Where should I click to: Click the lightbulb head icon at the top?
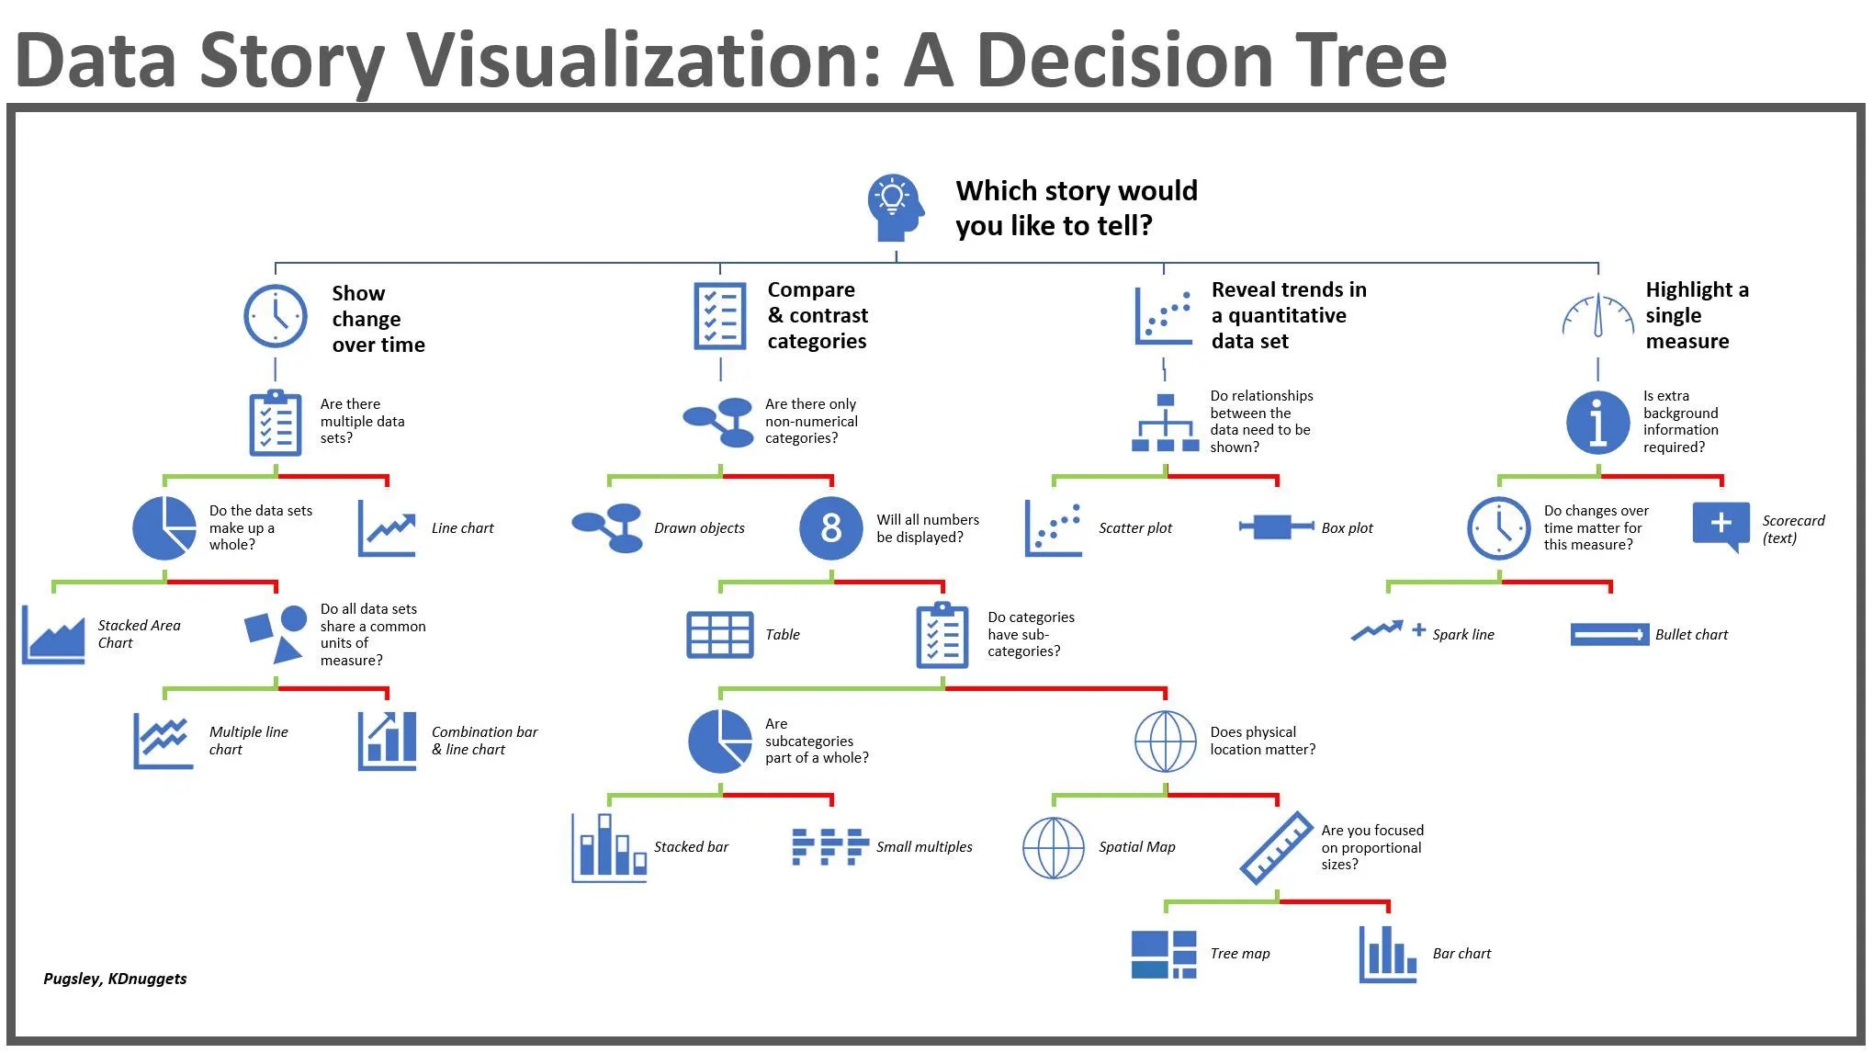point(894,208)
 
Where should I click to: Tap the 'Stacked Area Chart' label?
point(139,634)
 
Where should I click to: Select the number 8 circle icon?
point(830,528)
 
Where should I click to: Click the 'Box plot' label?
point(1347,528)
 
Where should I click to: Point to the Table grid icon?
point(719,635)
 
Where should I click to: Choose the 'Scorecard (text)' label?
point(1792,529)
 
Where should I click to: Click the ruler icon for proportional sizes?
point(1276,847)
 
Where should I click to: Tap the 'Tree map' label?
point(1239,954)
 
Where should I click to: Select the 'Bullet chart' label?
point(1690,635)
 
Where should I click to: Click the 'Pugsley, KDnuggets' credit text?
point(115,979)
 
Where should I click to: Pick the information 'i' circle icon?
point(1597,423)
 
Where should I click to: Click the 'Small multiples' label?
point(923,847)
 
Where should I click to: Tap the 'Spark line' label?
point(1462,635)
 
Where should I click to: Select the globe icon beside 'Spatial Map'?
point(1054,847)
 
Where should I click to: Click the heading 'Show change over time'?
point(378,319)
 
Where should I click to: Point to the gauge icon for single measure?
point(1597,317)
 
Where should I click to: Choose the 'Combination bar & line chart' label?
point(484,741)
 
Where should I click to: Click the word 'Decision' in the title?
point(1129,61)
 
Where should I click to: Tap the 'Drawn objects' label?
point(699,528)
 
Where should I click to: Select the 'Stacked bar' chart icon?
point(608,847)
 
